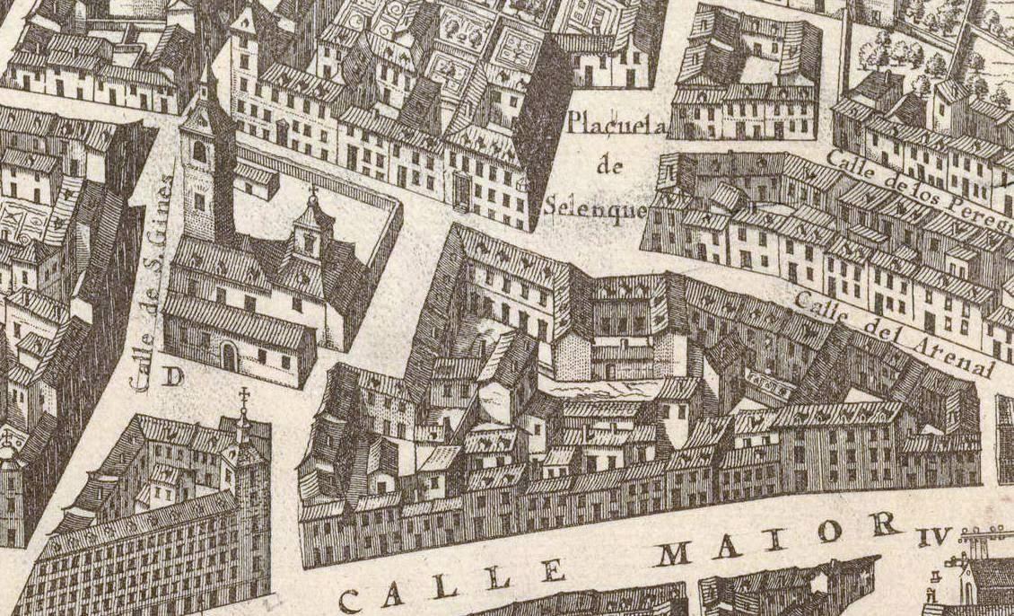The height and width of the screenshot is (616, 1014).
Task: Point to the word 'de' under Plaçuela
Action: pos(609,166)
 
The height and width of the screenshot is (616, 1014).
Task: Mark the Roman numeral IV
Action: pos(933,538)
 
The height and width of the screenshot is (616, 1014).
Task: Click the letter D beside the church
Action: pos(172,377)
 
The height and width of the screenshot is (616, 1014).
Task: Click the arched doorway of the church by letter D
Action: pos(229,357)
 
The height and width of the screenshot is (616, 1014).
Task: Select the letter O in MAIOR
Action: pos(830,532)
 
